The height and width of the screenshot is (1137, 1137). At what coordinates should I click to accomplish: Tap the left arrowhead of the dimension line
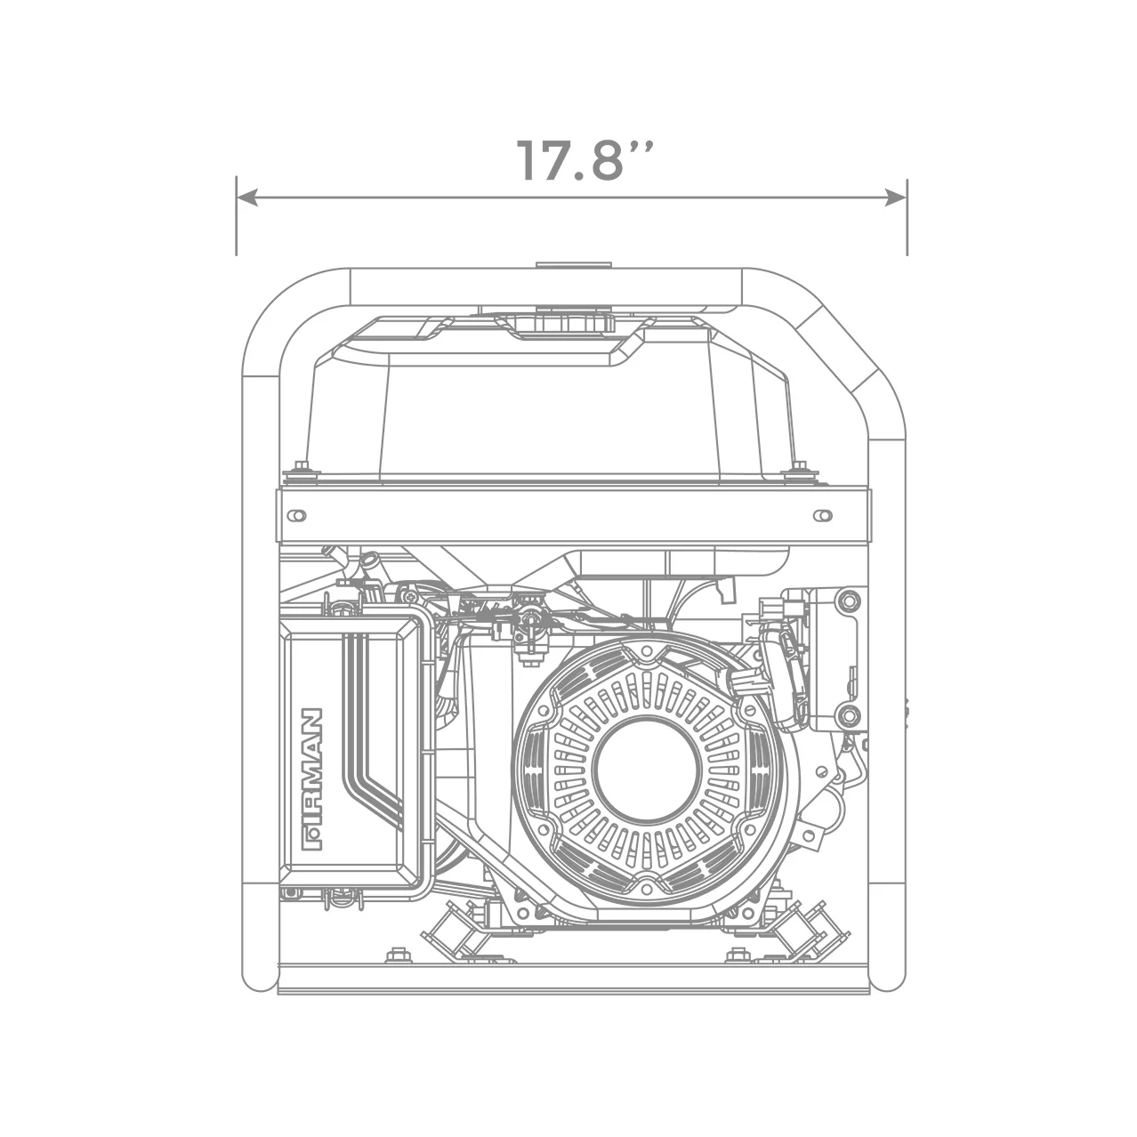click(x=247, y=198)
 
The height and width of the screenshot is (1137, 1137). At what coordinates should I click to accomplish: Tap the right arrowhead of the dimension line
click(x=895, y=198)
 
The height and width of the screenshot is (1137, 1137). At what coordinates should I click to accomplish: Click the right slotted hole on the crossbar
click(x=823, y=515)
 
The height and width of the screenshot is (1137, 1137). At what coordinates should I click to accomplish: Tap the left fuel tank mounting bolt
click(x=299, y=469)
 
